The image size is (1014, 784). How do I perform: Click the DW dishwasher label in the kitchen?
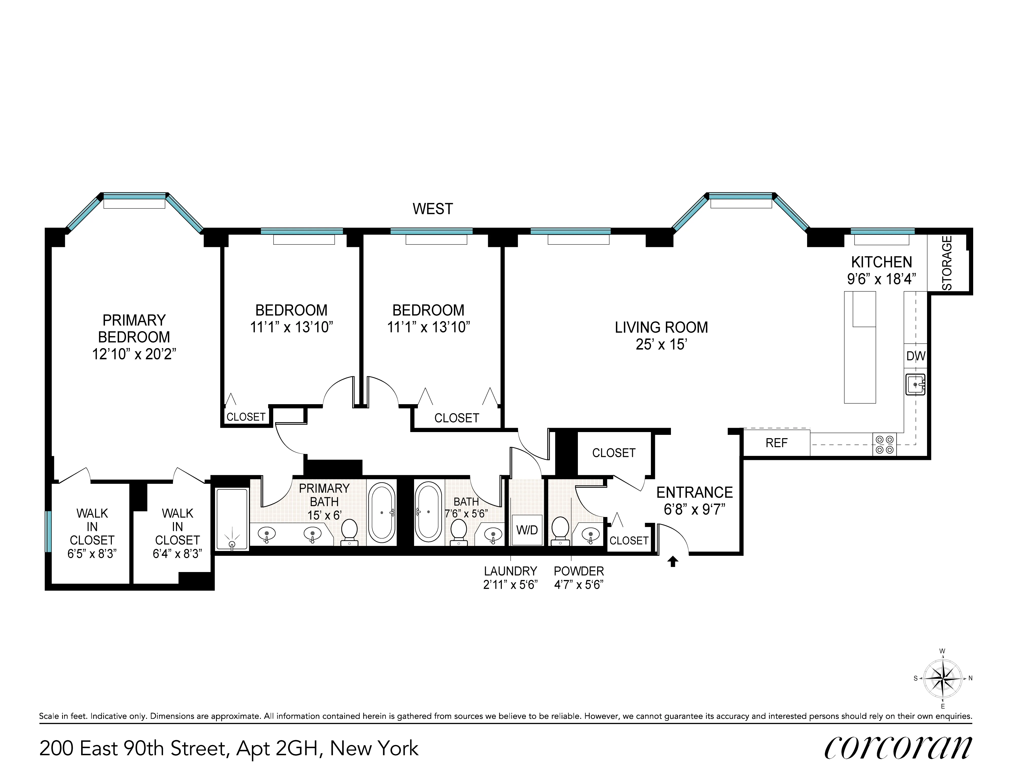point(916,356)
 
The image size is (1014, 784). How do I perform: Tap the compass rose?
point(942,679)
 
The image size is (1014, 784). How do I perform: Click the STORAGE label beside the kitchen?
point(947,263)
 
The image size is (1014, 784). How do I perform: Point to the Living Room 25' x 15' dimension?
point(661,344)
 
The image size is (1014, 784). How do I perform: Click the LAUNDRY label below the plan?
point(510,571)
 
